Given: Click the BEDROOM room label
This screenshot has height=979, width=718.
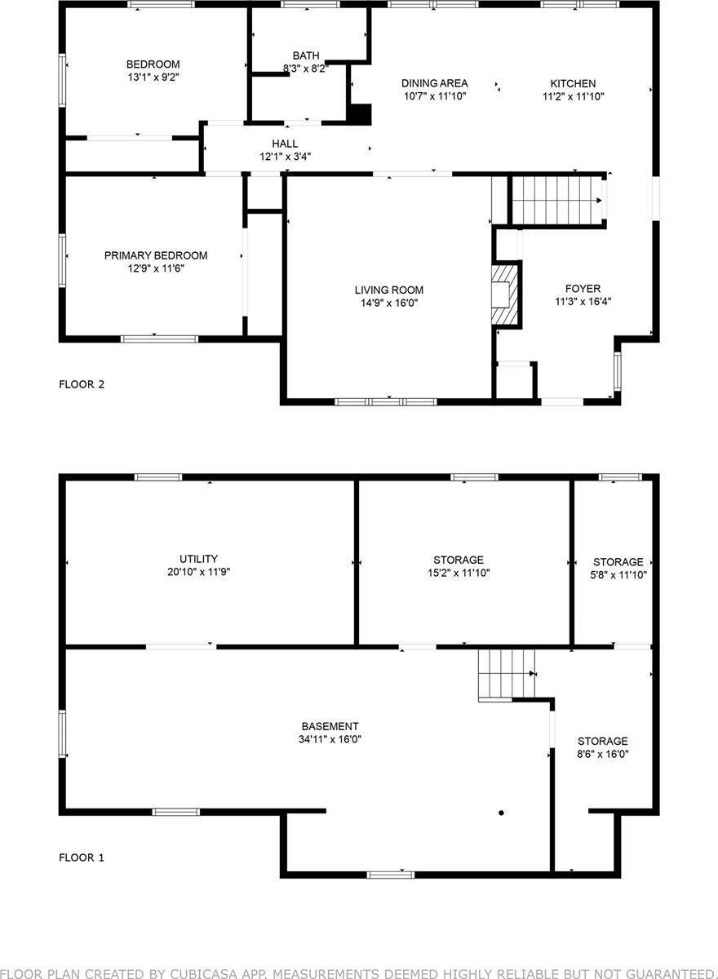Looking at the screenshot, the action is pos(153,64).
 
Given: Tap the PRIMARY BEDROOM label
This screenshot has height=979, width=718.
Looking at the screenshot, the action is pos(156,255).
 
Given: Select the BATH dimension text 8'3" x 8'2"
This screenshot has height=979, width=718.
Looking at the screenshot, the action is pos(306,69).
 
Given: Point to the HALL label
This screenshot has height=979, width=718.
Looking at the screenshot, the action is pos(285,144).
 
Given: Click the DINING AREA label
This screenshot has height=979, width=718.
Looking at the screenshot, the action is pos(435,83).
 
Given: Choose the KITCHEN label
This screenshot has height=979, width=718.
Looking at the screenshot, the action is pos(573,83).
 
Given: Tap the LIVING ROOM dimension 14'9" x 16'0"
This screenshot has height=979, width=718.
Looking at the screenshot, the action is pos(389,303).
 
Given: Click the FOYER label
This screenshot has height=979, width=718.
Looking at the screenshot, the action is pos(583,289).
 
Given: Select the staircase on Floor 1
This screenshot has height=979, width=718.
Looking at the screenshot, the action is pos(506,675).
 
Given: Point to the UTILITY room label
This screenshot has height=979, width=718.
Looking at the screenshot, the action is pos(198,559).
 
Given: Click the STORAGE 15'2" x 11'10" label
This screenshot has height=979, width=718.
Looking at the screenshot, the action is pos(459,566).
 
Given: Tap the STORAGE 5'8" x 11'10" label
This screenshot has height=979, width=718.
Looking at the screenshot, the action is pos(618,568).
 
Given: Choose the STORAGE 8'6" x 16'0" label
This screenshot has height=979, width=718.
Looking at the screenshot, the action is pos(603,747).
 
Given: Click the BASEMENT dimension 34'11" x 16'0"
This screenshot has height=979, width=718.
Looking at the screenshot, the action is pos(330,739).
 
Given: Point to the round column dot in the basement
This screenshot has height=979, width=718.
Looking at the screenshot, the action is pos(501,813).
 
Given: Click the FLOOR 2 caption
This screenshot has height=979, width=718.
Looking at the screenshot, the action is pos(82,384).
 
